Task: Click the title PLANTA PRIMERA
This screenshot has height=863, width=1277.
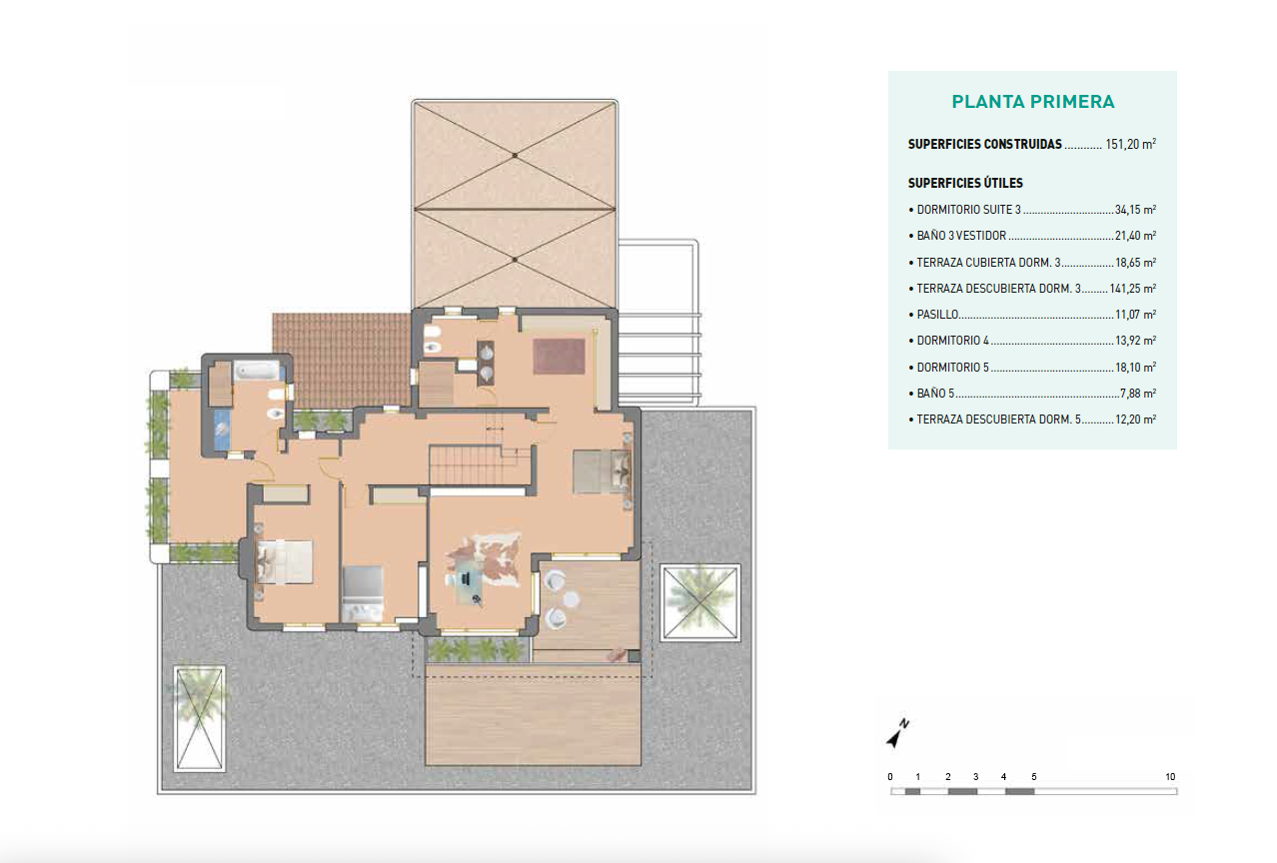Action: [x=1032, y=102]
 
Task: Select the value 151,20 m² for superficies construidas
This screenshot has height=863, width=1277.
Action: [x=1130, y=144]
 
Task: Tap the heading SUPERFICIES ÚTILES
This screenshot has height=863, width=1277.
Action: [x=964, y=184]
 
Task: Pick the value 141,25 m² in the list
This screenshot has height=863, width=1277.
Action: [x=1132, y=289]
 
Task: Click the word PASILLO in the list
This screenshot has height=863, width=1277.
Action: [x=938, y=315]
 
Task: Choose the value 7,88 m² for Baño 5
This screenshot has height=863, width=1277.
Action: [x=1138, y=394]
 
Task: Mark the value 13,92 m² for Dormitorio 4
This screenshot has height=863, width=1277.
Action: [x=1135, y=341]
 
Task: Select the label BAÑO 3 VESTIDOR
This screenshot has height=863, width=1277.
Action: [x=960, y=237]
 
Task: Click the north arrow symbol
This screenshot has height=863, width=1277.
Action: [x=897, y=734]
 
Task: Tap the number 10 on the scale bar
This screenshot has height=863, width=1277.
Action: [x=1169, y=777]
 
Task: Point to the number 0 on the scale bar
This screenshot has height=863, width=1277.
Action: [x=890, y=777]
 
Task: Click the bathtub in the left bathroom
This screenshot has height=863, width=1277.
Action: [x=258, y=373]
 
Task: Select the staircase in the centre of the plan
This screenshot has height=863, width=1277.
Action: [x=480, y=465]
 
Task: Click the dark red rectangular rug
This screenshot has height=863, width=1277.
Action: [x=558, y=357]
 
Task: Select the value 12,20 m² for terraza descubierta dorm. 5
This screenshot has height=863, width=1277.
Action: [x=1135, y=420]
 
